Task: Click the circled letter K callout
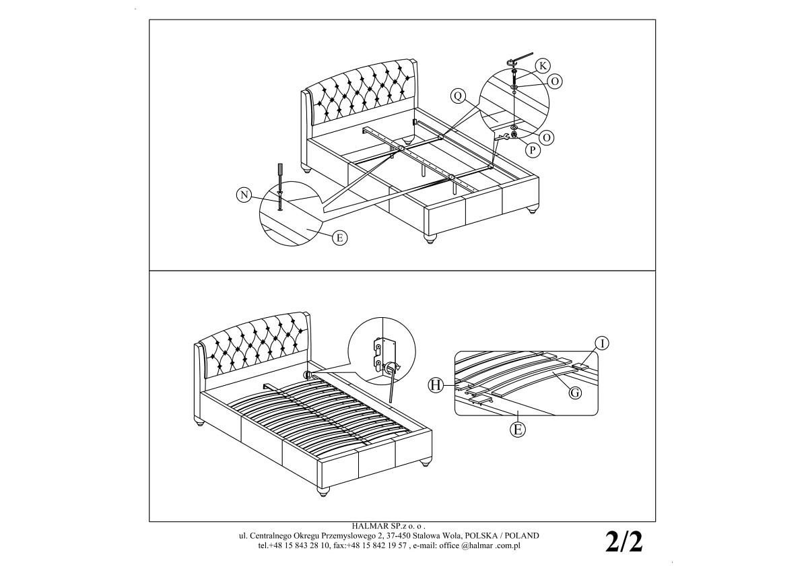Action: [x=542, y=67]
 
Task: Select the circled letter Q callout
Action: [x=458, y=96]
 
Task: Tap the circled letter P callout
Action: [x=533, y=149]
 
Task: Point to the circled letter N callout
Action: [x=244, y=195]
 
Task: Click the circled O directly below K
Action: [x=555, y=81]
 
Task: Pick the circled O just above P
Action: [x=547, y=138]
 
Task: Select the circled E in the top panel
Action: [x=339, y=238]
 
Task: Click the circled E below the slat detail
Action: [x=518, y=429]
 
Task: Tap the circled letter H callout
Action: [x=436, y=386]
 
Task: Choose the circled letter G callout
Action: [x=575, y=393]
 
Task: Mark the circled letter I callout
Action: [x=601, y=343]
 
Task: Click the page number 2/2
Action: [x=624, y=543]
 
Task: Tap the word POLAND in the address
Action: [x=525, y=536]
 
